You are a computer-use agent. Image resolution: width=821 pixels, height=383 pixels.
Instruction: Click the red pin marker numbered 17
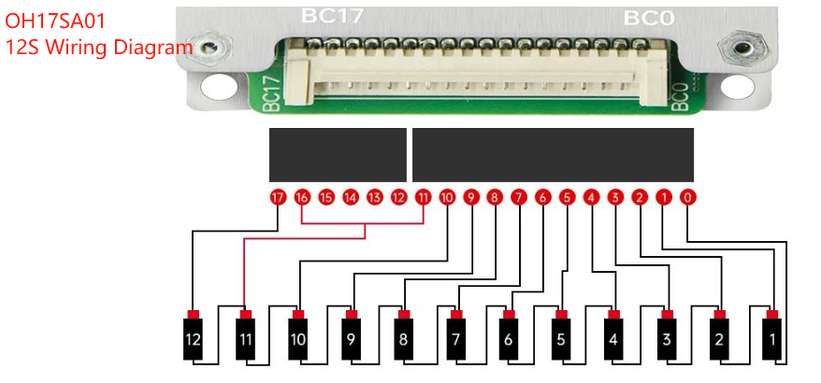[x=277, y=198]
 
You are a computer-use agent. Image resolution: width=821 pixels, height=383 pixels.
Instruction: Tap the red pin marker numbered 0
[x=687, y=198]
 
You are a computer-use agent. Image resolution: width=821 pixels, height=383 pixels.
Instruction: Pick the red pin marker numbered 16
[x=301, y=198]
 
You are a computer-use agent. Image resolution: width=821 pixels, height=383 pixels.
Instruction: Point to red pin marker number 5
[x=567, y=198]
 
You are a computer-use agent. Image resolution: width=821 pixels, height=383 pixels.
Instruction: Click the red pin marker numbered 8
[x=495, y=198]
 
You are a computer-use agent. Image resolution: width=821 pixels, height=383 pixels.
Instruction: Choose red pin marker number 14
[x=350, y=198]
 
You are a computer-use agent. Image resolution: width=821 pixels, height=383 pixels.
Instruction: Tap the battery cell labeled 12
[x=193, y=340]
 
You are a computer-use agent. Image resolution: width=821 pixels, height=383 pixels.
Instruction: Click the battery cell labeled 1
[x=772, y=340]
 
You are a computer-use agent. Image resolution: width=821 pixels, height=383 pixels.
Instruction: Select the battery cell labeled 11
[x=245, y=340]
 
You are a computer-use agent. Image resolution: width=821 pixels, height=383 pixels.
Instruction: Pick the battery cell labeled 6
[x=509, y=340]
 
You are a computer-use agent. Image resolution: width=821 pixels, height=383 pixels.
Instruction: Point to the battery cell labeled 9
[x=351, y=340]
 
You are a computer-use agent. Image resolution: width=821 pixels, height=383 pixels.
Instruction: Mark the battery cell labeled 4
[x=613, y=340]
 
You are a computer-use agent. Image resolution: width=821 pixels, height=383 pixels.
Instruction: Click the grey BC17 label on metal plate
[x=333, y=16]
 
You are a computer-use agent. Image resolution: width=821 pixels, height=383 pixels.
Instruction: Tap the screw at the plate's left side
[x=211, y=47]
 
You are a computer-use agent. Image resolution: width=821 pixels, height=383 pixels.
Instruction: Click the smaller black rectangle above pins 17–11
[x=338, y=155]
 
